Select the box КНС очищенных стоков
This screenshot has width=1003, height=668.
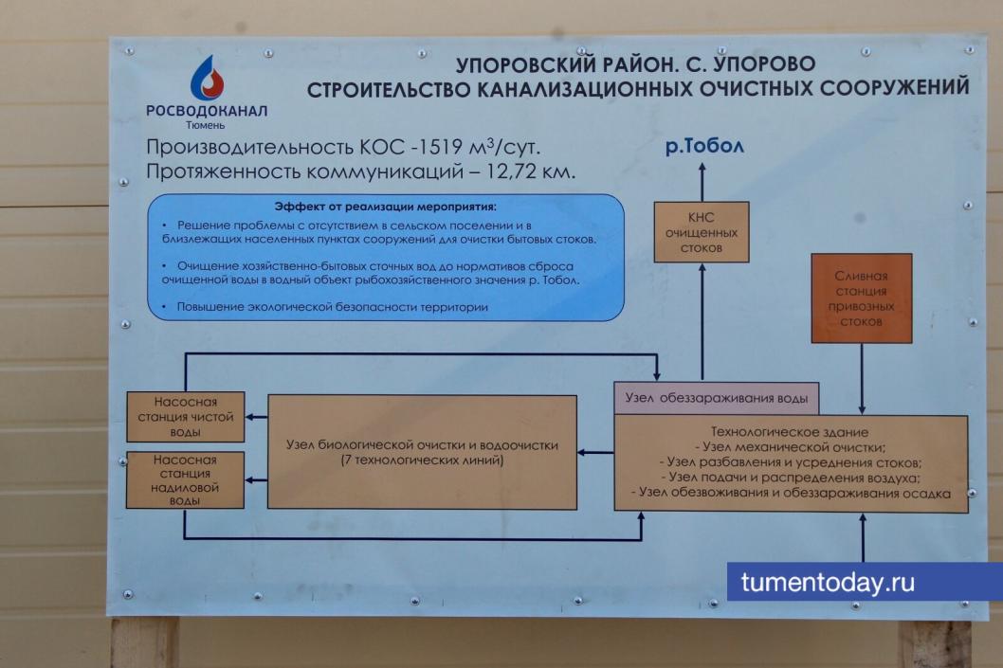click(x=702, y=232)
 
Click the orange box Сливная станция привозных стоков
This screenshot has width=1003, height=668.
click(x=861, y=298)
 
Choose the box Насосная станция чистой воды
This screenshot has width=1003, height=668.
click(x=186, y=417)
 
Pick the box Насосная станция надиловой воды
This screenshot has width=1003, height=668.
click(x=186, y=480)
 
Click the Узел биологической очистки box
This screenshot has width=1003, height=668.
click(x=422, y=451)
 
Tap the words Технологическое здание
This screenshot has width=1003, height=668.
click(x=791, y=433)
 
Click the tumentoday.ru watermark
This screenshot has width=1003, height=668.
click(x=828, y=582)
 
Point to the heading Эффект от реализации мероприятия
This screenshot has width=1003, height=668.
click(x=386, y=206)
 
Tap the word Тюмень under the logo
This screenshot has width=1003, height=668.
click(x=206, y=123)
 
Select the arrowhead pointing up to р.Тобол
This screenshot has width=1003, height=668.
click(x=702, y=168)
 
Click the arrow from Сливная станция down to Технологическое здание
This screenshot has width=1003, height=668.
click(x=861, y=378)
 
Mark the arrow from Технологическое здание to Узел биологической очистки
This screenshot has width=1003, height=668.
click(x=595, y=452)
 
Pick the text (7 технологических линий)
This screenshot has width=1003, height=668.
click(x=422, y=460)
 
